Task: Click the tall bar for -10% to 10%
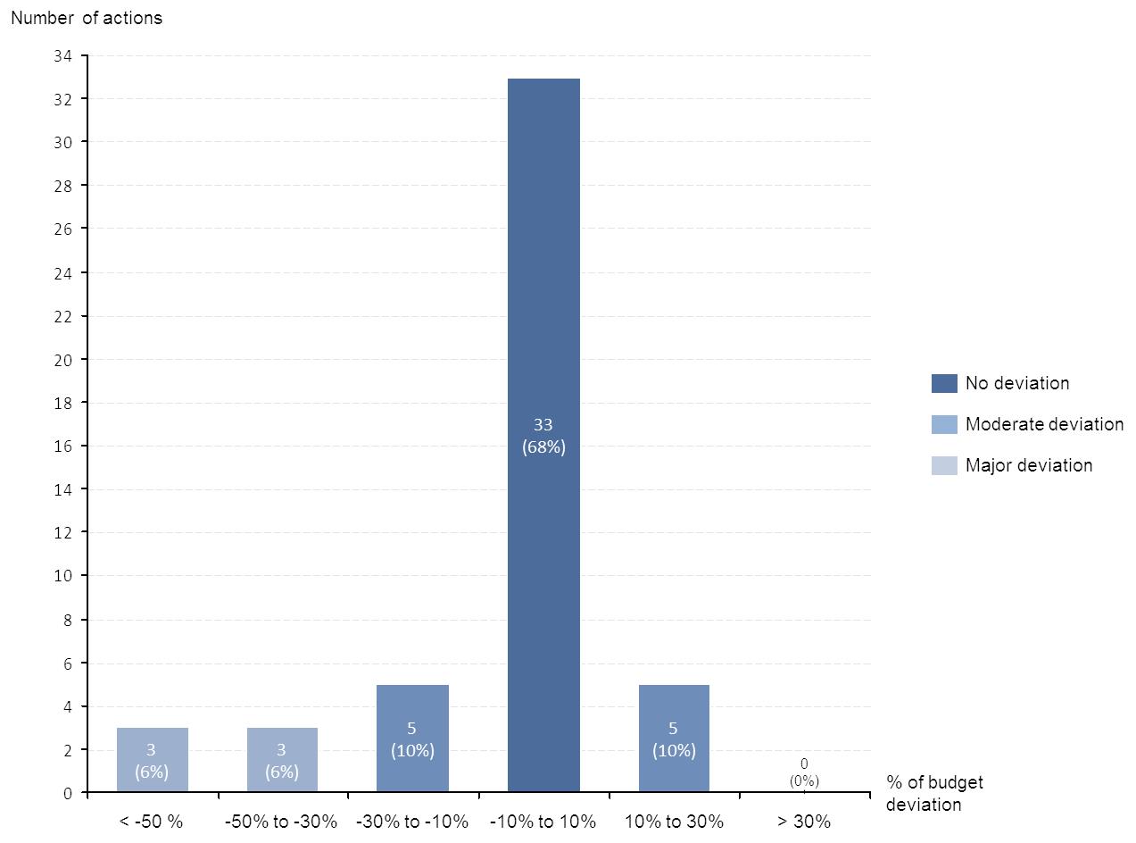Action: point(543,268)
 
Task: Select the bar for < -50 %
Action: point(152,759)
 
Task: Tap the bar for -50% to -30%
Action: point(282,759)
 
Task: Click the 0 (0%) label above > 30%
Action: point(804,772)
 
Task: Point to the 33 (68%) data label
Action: point(543,436)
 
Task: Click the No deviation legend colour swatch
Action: point(944,383)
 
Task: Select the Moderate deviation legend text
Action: point(1044,424)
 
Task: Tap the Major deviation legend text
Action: point(1028,465)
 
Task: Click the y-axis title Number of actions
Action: point(87,18)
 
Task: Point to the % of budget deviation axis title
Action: point(934,793)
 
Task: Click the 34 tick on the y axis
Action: point(62,55)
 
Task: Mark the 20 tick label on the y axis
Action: point(62,359)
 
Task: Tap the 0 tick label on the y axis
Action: point(67,793)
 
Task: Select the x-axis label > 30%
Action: point(804,822)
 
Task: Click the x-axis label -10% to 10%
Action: point(543,822)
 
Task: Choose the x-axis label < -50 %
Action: point(151,822)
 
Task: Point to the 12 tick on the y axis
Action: point(62,532)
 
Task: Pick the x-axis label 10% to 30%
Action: point(674,822)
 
